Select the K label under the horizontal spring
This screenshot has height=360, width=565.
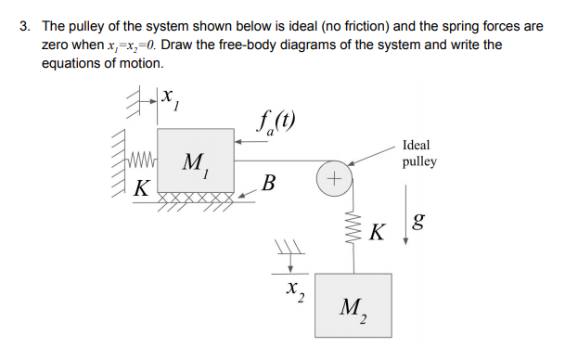point(140,186)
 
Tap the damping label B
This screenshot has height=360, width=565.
point(269,182)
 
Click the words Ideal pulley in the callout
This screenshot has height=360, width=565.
point(418,153)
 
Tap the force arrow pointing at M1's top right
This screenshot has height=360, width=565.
point(249,141)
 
